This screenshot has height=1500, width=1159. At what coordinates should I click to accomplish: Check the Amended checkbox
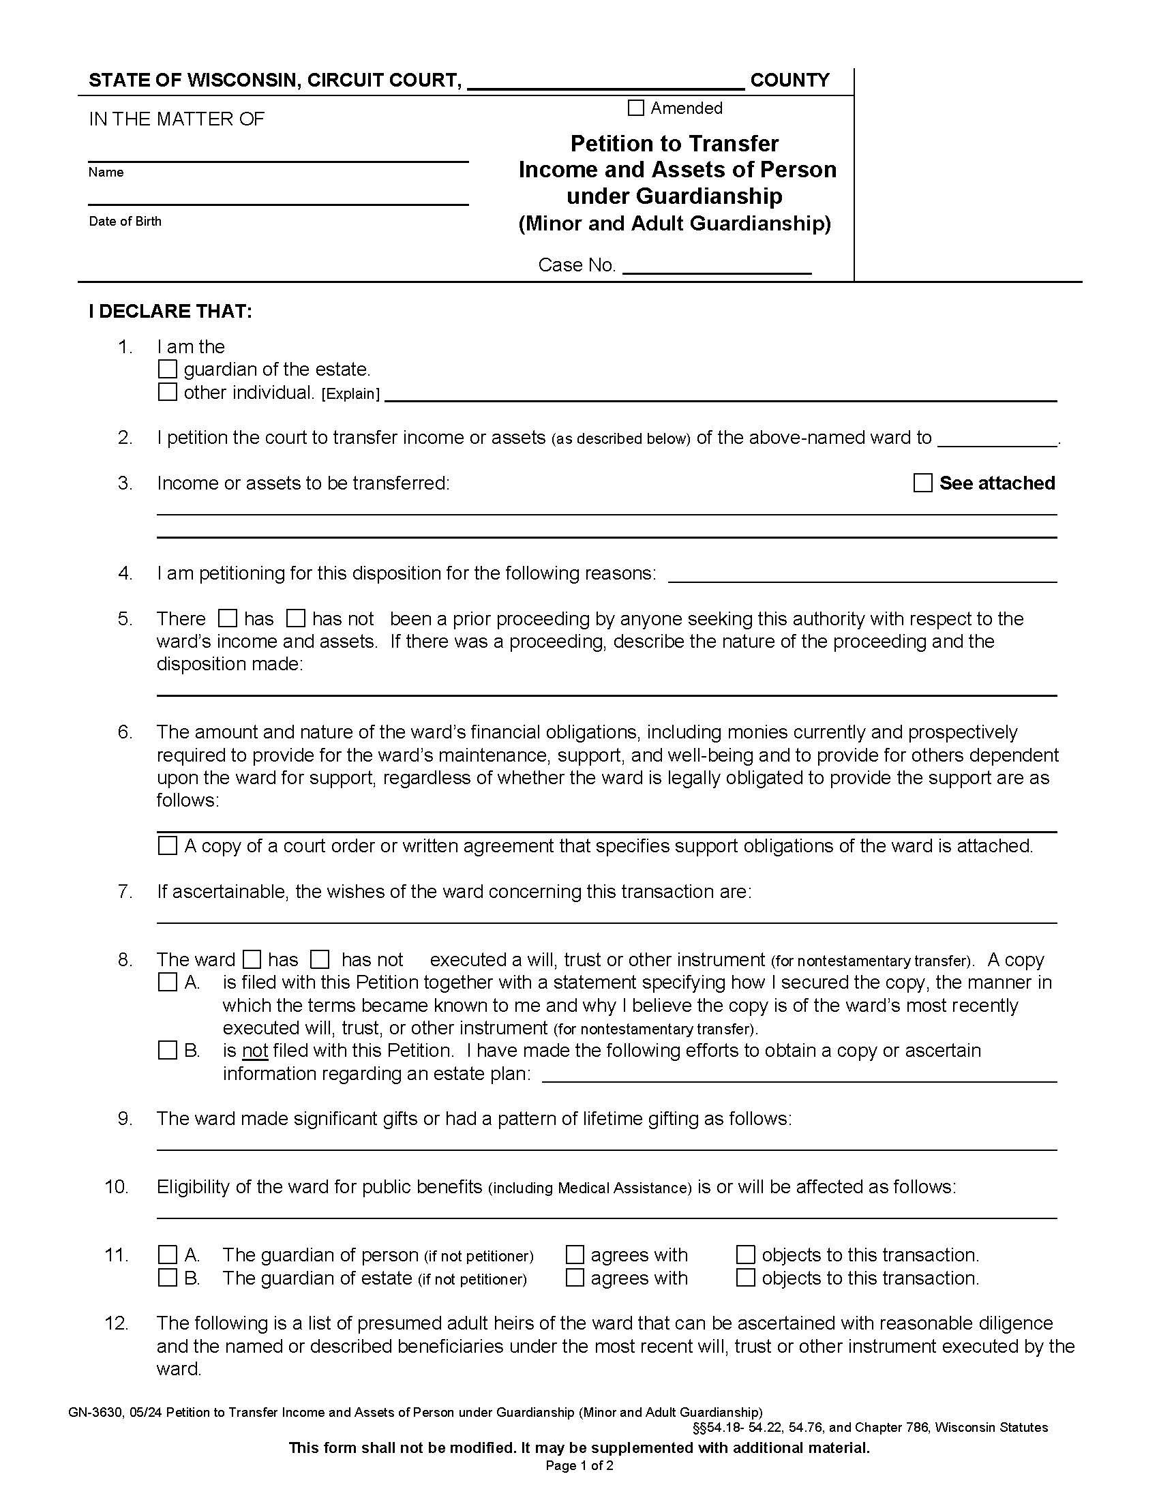click(x=636, y=108)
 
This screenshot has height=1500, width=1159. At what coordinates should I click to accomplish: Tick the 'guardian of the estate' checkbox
click(x=168, y=369)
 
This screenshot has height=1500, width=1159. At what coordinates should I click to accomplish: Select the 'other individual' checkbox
click(x=168, y=391)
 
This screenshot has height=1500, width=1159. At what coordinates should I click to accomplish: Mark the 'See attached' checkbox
click(x=923, y=483)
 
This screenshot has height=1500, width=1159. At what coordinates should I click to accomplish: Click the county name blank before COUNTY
click(x=605, y=81)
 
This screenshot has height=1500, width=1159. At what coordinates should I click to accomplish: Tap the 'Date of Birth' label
click(x=125, y=221)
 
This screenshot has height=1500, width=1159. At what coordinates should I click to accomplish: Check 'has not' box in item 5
click(x=296, y=618)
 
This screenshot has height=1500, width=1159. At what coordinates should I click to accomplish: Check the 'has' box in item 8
click(x=253, y=959)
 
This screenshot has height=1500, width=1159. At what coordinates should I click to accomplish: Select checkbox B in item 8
click(x=168, y=1050)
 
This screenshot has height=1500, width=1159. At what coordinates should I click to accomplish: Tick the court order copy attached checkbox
click(x=168, y=845)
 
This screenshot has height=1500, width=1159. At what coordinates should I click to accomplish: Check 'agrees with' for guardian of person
click(x=575, y=1255)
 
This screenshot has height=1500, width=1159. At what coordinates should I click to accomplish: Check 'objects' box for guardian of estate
click(x=746, y=1278)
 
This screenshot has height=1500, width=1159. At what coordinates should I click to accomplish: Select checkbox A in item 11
click(x=168, y=1255)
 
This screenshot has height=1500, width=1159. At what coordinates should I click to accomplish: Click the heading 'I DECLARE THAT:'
click(x=170, y=311)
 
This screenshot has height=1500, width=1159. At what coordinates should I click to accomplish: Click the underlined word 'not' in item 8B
click(x=255, y=1051)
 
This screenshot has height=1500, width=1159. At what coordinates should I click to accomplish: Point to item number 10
click(x=117, y=1187)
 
